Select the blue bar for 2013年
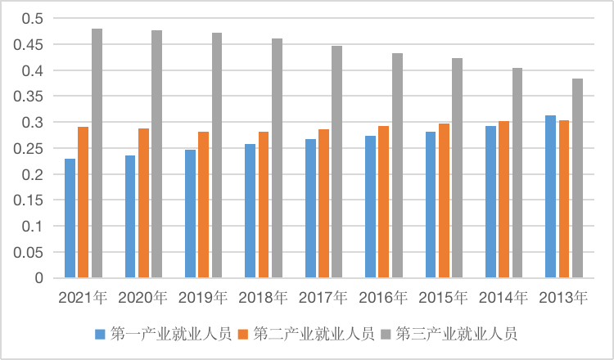[550, 197]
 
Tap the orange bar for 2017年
[323, 204]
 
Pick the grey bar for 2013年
[577, 178]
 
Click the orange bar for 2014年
[504, 200]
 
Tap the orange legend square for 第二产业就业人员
[243, 334]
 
